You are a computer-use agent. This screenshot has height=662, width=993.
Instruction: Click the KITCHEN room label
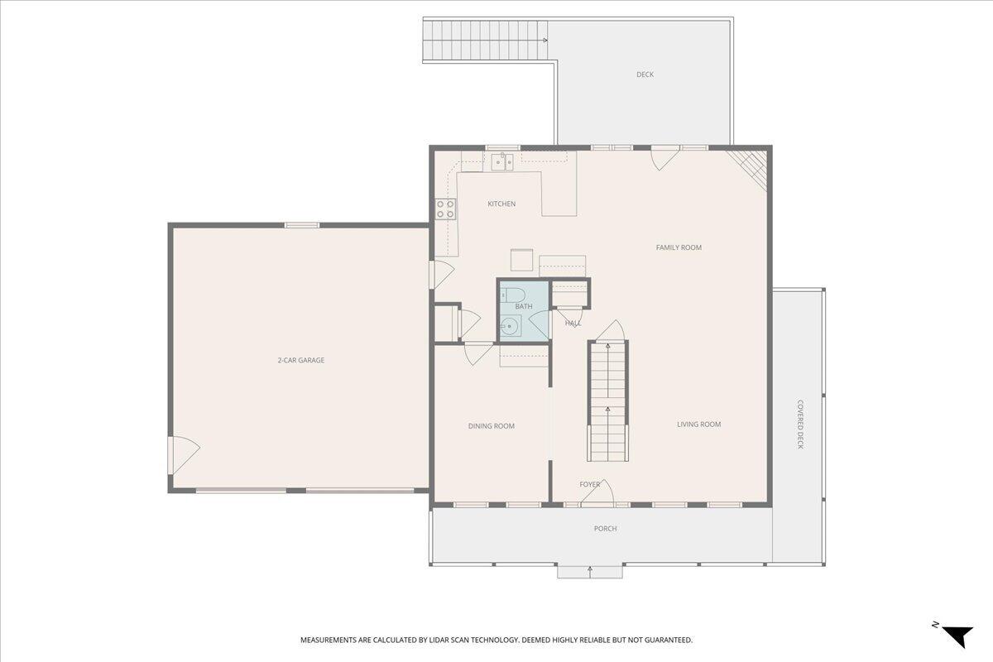[501, 204]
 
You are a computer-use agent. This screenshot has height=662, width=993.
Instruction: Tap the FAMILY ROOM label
[679, 247]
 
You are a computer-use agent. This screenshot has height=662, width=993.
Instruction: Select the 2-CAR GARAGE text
[300, 360]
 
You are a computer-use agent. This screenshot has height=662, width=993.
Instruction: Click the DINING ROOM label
[492, 426]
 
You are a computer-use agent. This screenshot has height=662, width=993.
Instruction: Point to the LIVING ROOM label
[698, 425]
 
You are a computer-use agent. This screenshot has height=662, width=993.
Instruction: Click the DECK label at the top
[645, 74]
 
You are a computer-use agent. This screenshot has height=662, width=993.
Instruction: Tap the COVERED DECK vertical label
[800, 425]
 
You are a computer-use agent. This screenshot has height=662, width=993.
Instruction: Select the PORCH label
[605, 529]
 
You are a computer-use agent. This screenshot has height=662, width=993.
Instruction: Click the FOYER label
[589, 485]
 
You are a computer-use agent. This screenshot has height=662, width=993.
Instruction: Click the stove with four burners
[446, 209]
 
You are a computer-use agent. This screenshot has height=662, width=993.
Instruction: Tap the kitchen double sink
[501, 161]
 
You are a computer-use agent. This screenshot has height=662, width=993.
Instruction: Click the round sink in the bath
[511, 327]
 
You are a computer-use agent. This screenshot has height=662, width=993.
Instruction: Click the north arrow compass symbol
[957, 635]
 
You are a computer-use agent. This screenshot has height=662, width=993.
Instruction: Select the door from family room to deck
[664, 158]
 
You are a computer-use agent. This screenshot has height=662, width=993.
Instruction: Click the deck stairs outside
[485, 40]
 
